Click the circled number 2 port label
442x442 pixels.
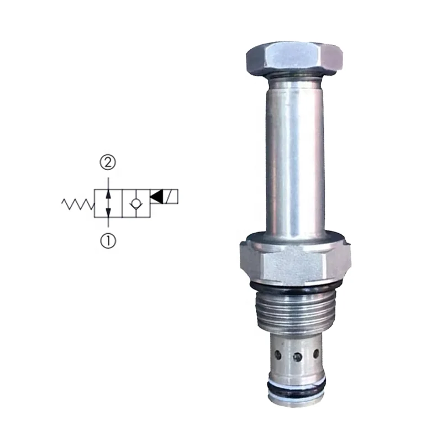click(x=108, y=162)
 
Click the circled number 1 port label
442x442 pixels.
click(x=108, y=241)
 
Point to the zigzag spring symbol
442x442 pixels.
click(x=77, y=204)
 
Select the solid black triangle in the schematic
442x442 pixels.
click(x=157, y=196)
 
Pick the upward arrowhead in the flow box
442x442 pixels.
click(x=108, y=193)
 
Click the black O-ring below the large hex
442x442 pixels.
click(x=292, y=289)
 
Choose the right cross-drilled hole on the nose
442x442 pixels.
click(x=316, y=352)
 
